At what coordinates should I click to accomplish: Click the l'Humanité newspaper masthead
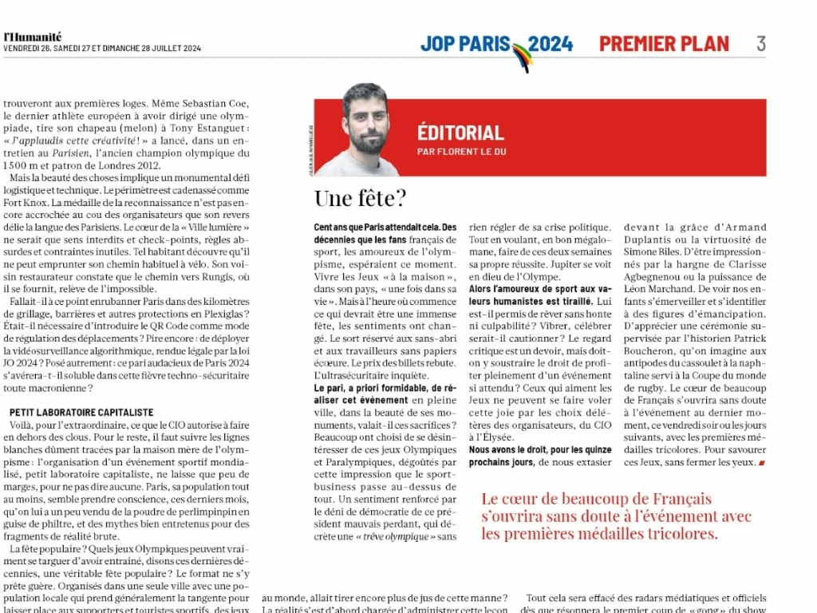click(32, 36)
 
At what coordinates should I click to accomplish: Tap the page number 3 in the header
click(761, 44)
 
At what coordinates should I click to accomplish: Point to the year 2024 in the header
click(551, 44)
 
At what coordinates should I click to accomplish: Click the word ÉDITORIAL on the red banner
click(460, 132)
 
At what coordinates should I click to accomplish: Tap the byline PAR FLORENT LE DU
click(461, 152)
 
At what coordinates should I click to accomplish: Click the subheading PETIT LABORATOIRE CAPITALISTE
click(81, 412)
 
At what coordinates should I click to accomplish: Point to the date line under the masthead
click(102, 49)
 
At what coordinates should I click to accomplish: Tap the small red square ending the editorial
click(761, 463)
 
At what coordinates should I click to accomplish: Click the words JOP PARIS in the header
click(466, 44)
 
